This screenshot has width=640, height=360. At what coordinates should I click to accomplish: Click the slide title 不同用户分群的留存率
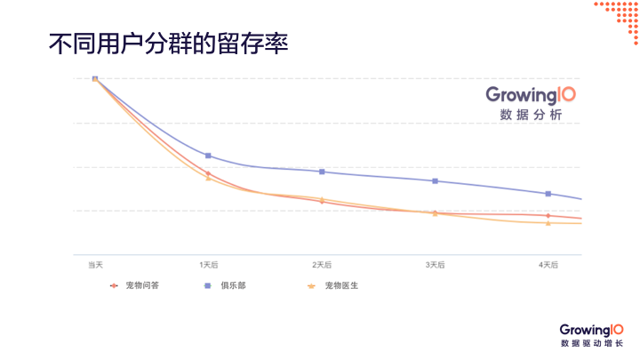pyautogui.click(x=169, y=45)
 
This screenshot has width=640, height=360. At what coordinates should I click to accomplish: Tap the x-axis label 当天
pyautogui.click(x=95, y=265)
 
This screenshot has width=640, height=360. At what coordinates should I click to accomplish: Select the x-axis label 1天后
pyautogui.click(x=208, y=265)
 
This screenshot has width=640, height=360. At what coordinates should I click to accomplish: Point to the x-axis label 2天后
pyautogui.click(x=322, y=265)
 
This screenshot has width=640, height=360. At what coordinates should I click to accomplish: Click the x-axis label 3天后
pyautogui.click(x=435, y=265)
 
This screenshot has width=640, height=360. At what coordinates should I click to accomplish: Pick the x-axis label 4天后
pyautogui.click(x=548, y=265)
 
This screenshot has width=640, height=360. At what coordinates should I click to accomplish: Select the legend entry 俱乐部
pyautogui.click(x=233, y=286)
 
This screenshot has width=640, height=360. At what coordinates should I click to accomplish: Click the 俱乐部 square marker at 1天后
pyautogui.click(x=208, y=156)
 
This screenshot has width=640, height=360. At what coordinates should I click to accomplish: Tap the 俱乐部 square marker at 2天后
pyautogui.click(x=322, y=172)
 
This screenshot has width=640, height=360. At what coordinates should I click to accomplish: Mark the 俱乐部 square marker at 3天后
pyautogui.click(x=435, y=181)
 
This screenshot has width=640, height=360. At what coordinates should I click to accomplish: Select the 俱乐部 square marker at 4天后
pyautogui.click(x=548, y=194)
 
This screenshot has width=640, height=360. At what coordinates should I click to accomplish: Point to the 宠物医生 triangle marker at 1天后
pyautogui.click(x=208, y=179)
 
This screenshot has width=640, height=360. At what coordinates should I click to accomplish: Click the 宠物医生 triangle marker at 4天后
pyautogui.click(x=548, y=223)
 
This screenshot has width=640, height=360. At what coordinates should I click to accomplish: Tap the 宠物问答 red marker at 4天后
pyautogui.click(x=548, y=215)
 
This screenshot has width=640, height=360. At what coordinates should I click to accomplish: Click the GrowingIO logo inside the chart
pyautogui.click(x=531, y=94)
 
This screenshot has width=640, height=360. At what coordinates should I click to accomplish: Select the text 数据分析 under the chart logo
pyautogui.click(x=531, y=116)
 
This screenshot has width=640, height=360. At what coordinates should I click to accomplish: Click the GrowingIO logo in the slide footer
pyautogui.click(x=592, y=330)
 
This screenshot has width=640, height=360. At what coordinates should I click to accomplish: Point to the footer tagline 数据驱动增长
pyautogui.click(x=592, y=344)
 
